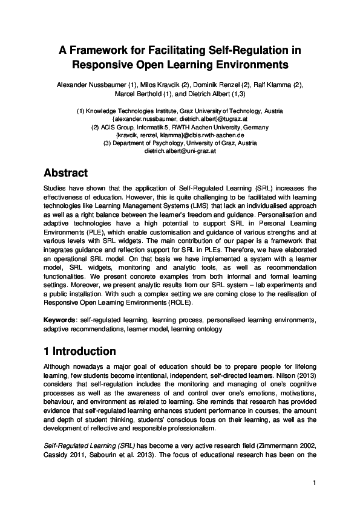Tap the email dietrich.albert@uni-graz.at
(x=180, y=151)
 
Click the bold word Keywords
(x=59, y=319)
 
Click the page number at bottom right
(x=315, y=482)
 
